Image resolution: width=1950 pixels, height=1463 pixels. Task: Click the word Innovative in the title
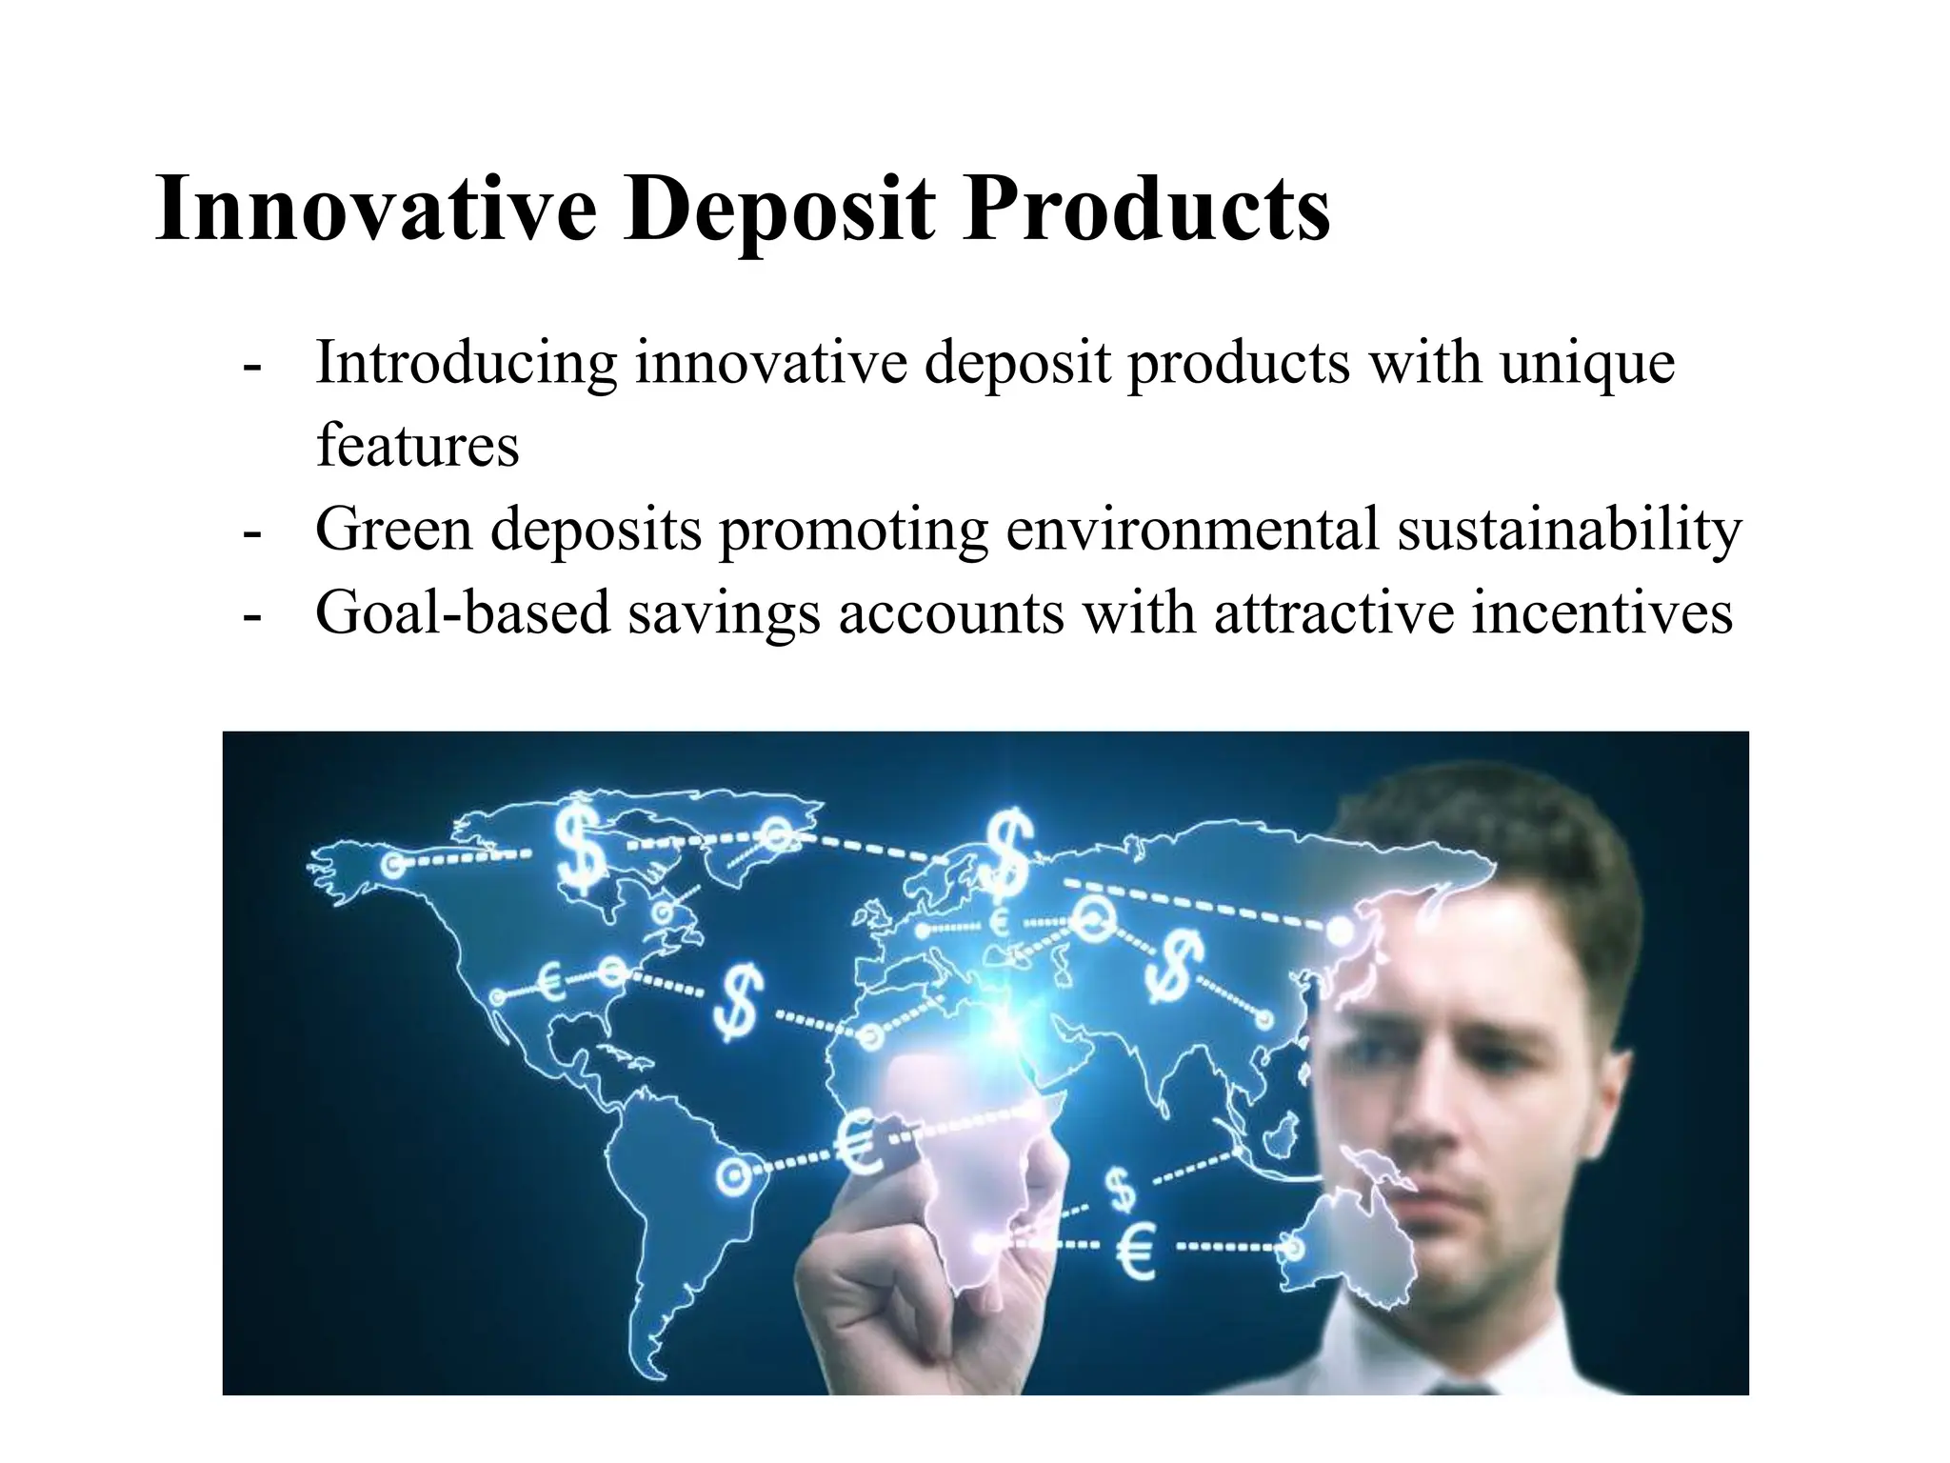(x=376, y=209)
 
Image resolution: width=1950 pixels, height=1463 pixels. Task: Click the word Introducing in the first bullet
(x=466, y=364)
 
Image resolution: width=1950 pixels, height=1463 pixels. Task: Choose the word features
(x=417, y=445)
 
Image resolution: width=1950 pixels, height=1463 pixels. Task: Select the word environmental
(x=1191, y=529)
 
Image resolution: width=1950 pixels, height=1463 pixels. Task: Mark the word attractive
(x=1333, y=612)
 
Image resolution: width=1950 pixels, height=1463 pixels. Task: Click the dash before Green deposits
(x=251, y=531)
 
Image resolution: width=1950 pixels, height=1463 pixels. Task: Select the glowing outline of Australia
(x=1352, y=1229)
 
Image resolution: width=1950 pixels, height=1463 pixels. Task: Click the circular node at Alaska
(x=392, y=866)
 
